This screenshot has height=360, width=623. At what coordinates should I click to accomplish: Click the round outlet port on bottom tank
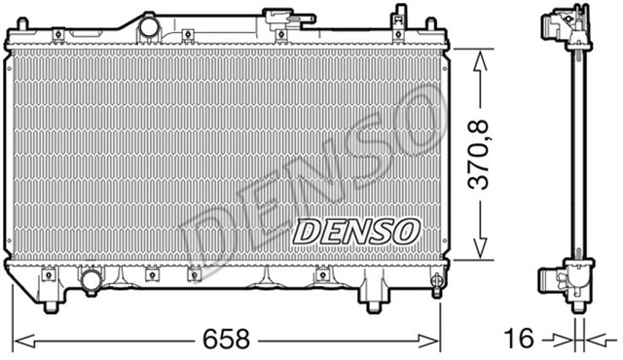coord(91,281)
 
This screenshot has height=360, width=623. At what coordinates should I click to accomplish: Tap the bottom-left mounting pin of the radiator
coord(50,306)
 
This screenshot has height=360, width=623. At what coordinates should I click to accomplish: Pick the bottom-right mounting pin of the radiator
coord(372,306)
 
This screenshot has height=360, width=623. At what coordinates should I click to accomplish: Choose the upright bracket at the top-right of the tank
coord(398,18)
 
